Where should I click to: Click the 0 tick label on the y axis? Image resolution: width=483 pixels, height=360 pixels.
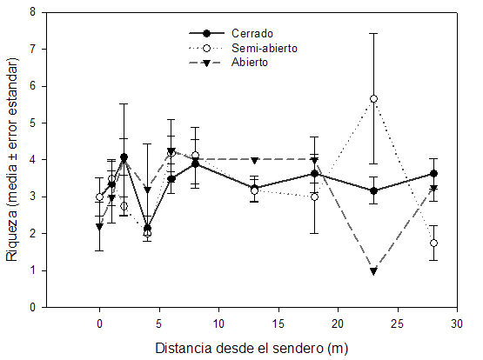(x=32, y=307)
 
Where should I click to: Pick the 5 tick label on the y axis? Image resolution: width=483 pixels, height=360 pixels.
(x=32, y=123)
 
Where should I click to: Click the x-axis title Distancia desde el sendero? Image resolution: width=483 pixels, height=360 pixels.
(x=252, y=349)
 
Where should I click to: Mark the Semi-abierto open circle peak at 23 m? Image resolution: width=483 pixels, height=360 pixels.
(x=373, y=99)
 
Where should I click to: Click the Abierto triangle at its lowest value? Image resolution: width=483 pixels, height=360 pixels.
(x=373, y=271)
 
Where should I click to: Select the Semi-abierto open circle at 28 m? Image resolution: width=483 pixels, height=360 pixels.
(x=433, y=243)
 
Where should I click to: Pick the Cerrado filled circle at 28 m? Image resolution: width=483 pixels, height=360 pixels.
(x=433, y=174)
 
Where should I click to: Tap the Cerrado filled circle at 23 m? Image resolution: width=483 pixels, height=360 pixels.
(x=373, y=190)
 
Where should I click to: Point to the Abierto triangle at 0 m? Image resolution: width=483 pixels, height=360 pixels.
(x=99, y=227)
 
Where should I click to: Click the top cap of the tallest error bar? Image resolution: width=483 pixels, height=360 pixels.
(x=373, y=33)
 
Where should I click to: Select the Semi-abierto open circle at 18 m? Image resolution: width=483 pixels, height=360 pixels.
(x=314, y=197)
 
